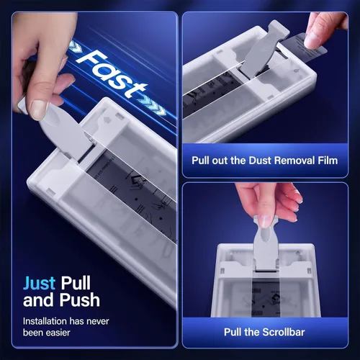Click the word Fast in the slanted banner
(x=112, y=73)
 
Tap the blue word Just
(x=40, y=283)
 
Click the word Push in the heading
(x=80, y=300)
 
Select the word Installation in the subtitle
(x=45, y=321)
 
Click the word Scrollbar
(x=283, y=332)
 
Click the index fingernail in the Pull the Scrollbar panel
(x=265, y=221)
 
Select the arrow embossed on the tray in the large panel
(x=107, y=120)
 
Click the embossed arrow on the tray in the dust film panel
(x=297, y=71)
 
